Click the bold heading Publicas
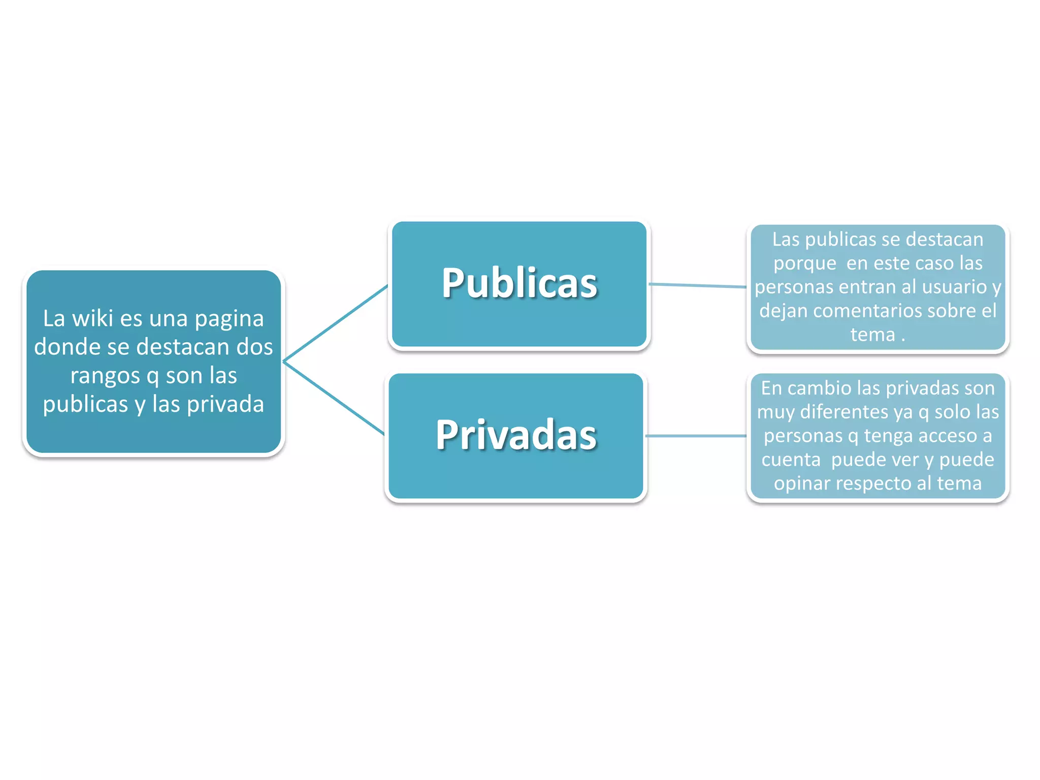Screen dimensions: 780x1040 (x=519, y=283)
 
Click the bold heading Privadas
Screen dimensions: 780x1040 (x=516, y=435)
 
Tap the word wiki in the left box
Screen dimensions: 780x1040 (x=92, y=319)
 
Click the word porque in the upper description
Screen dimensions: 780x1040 (x=804, y=264)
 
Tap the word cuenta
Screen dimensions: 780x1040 (x=791, y=460)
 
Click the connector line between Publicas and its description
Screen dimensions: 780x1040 (x=698, y=285)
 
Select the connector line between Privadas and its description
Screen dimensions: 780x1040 (x=696, y=436)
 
